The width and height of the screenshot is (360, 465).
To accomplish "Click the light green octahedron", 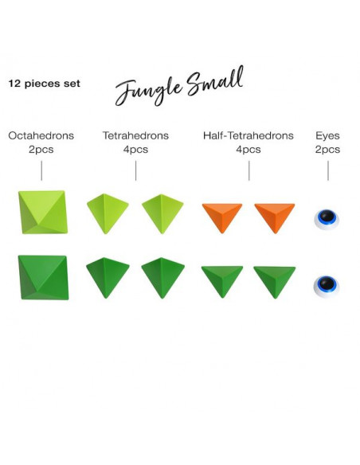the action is tap(43, 212).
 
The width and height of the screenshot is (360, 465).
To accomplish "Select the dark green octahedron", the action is tap(43, 277).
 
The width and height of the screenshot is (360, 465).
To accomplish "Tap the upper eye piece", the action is tap(327, 220).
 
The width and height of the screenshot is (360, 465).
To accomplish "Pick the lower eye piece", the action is tap(327, 286).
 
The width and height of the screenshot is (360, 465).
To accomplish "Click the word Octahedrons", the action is tap(41, 135).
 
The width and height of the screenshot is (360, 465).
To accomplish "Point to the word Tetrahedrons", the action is tap(136, 135).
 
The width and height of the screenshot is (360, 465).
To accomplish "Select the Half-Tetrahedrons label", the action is tap(248, 135).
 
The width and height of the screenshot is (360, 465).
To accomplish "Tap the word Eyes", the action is tap(327, 136).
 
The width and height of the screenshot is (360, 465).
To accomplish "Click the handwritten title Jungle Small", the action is tap(179, 86).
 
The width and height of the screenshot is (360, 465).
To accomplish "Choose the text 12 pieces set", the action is tap(44, 84).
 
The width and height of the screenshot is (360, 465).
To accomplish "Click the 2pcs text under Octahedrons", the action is tap(41, 149).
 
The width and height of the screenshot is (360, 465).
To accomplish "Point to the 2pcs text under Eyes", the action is tap(327, 149).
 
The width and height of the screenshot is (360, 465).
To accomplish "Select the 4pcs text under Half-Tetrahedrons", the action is tap(248, 149).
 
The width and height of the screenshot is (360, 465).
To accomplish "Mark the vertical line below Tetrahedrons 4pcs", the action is tap(136, 170).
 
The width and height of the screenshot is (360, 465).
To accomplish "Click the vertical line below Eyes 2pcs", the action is tap(328, 170).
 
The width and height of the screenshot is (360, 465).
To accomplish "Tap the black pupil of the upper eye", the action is tap(327, 216).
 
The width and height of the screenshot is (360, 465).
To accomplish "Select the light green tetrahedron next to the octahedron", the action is tap(108, 213).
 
